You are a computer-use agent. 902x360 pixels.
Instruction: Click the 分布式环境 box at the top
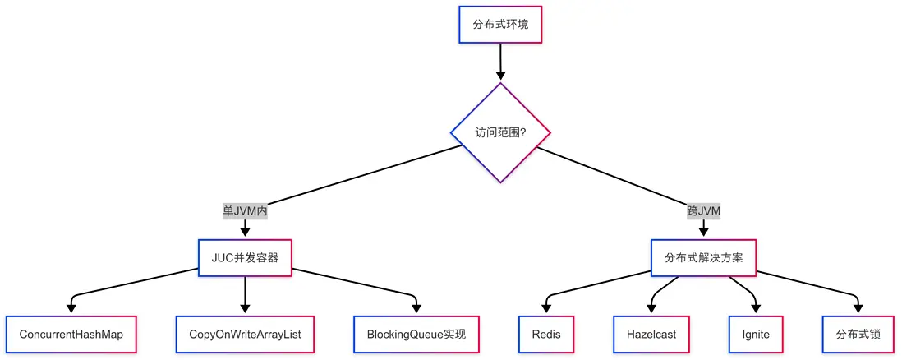click(x=500, y=24)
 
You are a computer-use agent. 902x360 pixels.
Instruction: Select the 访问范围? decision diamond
click(x=500, y=132)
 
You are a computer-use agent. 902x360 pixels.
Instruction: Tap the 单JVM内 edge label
click(x=245, y=210)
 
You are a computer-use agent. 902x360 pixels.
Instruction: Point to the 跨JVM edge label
click(x=704, y=210)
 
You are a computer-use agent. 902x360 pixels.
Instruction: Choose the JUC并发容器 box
click(x=245, y=257)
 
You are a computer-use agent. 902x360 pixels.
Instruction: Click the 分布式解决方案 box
click(x=704, y=257)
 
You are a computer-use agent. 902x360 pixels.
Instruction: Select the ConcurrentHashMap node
click(x=71, y=335)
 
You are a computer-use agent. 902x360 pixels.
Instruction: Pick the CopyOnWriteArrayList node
click(x=245, y=335)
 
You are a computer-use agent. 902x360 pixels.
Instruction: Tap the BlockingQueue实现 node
click(x=416, y=335)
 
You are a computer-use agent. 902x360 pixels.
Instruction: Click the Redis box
click(x=546, y=335)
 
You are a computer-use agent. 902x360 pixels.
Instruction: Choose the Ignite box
click(x=756, y=335)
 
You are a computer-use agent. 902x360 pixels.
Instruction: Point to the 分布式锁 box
click(x=858, y=335)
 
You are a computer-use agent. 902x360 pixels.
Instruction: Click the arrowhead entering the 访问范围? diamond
click(x=500, y=76)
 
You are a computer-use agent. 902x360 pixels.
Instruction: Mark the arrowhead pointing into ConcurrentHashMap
click(x=71, y=309)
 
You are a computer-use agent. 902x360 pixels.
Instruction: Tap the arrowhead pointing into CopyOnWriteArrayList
click(x=245, y=309)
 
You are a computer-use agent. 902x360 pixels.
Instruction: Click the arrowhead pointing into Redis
click(x=546, y=309)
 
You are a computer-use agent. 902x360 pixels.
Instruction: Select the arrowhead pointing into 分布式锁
click(x=858, y=309)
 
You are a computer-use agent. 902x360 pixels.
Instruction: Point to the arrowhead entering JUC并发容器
click(x=245, y=233)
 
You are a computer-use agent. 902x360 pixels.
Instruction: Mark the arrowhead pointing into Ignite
click(x=756, y=309)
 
